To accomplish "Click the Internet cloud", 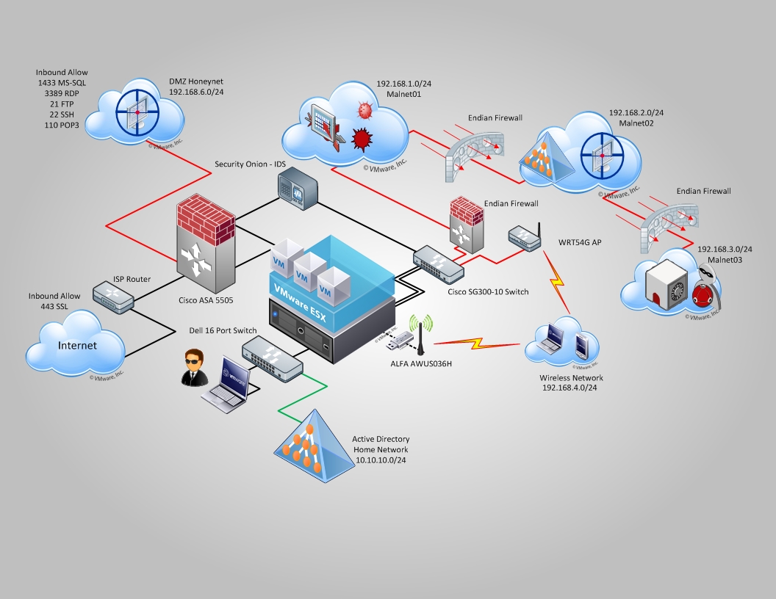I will click(x=78, y=344).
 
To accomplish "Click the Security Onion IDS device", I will click(x=298, y=188).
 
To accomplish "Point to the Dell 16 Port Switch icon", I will click(x=273, y=357).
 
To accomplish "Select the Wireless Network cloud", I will click(x=561, y=344).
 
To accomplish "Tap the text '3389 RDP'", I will click(x=62, y=94).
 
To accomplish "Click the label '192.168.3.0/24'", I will click(x=725, y=250).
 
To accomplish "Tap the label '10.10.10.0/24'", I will click(x=381, y=460).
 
